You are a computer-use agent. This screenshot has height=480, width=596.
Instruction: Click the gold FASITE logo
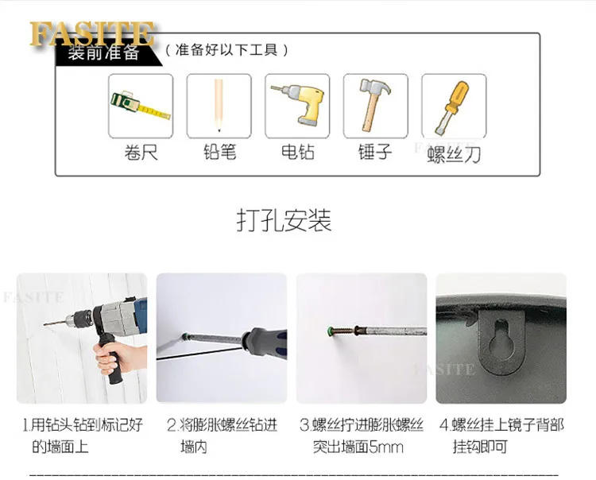pyautogui.click(x=92, y=33)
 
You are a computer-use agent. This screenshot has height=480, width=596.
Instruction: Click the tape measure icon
pyautogui.click(x=140, y=105)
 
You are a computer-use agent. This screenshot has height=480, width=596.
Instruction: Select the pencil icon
pyautogui.click(x=219, y=105)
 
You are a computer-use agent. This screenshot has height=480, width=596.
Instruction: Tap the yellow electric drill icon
pyautogui.click(x=298, y=103)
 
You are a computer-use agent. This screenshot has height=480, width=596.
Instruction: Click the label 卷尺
pyautogui.click(x=141, y=153)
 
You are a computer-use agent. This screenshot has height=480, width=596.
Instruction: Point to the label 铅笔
pyautogui.click(x=219, y=152)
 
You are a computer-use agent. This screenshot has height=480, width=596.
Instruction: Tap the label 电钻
pyautogui.click(x=298, y=152)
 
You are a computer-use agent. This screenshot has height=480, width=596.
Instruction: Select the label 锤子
pyautogui.click(x=375, y=152)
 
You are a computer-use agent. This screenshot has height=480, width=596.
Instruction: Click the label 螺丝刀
pyautogui.click(x=454, y=154)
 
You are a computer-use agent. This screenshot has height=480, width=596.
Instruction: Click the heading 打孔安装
pyautogui.click(x=284, y=220)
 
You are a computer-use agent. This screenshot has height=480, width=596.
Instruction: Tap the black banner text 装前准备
pyautogui.click(x=103, y=52)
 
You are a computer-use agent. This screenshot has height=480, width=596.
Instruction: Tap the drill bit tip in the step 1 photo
pyautogui.click(x=45, y=324)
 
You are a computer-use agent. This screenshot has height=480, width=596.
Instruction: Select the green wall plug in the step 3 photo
pyautogui.click(x=331, y=331)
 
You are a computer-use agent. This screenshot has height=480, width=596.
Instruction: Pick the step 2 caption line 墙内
pyautogui.click(x=194, y=447)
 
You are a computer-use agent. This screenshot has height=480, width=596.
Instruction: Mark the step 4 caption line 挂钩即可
pyautogui.click(x=480, y=447)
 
